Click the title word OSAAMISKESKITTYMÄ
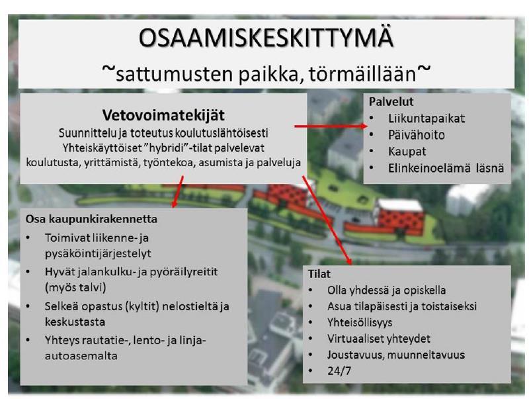click(266, 38)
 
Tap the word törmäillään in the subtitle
click(362, 74)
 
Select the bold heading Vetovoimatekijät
click(163, 115)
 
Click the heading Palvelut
click(391, 102)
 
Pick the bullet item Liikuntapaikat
click(427, 118)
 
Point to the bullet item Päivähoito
click(417, 135)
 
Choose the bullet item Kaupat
click(407, 152)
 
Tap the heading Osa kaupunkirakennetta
click(91, 219)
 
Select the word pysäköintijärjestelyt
click(98, 254)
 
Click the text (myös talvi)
click(75, 288)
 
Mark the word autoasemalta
click(81, 356)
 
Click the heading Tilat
click(319, 274)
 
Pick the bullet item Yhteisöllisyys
click(360, 323)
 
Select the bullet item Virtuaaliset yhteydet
click(378, 339)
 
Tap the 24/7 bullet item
click(339, 371)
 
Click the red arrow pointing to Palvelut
click(331, 126)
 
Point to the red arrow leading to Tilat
click(327, 220)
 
